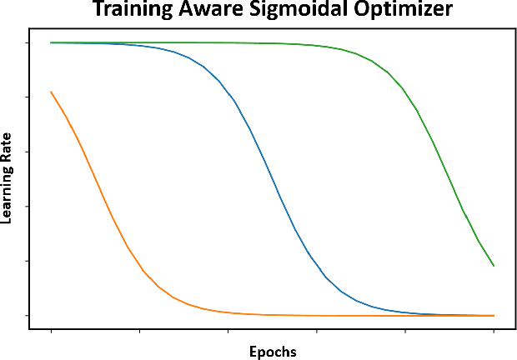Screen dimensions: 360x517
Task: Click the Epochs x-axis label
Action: pyautogui.click(x=273, y=351)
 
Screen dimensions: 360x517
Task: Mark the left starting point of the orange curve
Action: pyautogui.click(x=52, y=92)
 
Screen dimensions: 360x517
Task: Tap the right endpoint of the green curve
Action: pyautogui.click(x=494, y=266)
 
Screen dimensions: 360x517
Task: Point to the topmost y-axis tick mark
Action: pyautogui.click(x=28, y=42)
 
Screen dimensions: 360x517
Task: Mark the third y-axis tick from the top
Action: pyautogui.click(x=28, y=152)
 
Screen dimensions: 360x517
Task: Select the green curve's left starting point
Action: pyautogui.click(x=52, y=42)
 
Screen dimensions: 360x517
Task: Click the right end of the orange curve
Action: pyautogui.click(x=494, y=316)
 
